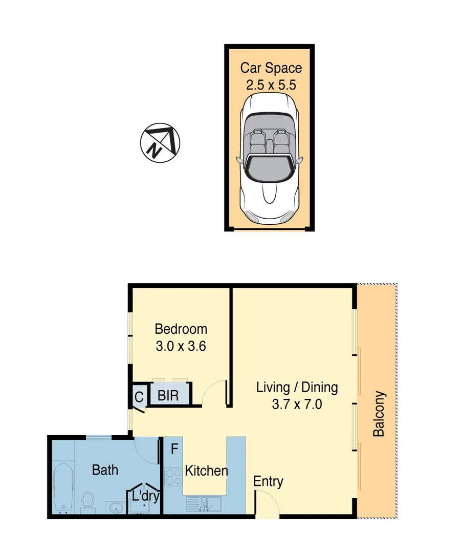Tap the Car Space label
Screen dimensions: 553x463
pyautogui.click(x=271, y=68)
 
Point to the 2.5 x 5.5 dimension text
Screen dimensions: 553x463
pyautogui.click(x=271, y=85)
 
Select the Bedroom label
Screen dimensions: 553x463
pyautogui.click(x=181, y=329)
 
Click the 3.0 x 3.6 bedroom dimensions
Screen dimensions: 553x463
pyautogui.click(x=181, y=346)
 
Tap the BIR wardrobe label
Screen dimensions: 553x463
pyautogui.click(x=168, y=396)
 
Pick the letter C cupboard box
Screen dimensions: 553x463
pyautogui.click(x=139, y=397)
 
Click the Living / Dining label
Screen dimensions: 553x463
pyautogui.click(x=297, y=387)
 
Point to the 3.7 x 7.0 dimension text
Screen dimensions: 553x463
pyautogui.click(x=297, y=405)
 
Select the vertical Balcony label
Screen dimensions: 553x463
pyautogui.click(x=379, y=414)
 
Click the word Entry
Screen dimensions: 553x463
pyautogui.click(x=269, y=482)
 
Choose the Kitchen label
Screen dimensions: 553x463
pyautogui.click(x=206, y=471)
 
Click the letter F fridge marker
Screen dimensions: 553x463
pyautogui.click(x=174, y=450)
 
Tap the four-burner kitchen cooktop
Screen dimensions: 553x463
pyautogui.click(x=173, y=477)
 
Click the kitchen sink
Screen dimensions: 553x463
pyautogui.click(x=204, y=503)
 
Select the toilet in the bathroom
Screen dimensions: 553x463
pyautogui.click(x=87, y=501)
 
